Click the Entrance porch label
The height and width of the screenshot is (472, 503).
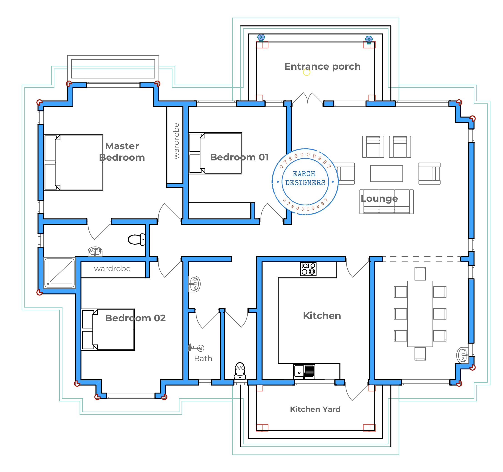[x=322, y=66]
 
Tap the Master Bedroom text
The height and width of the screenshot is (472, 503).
[x=122, y=152]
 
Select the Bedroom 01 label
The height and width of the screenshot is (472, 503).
[x=239, y=157]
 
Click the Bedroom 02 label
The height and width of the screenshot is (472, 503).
[x=135, y=318]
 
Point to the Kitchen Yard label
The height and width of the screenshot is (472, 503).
[x=315, y=409]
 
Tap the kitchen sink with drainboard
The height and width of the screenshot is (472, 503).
[x=304, y=371]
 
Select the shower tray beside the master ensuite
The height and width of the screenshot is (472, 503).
[x=60, y=273]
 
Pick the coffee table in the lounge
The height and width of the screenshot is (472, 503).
[x=386, y=174]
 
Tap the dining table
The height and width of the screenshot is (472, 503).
[x=420, y=314]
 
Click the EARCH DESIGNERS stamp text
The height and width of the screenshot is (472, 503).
[x=305, y=178]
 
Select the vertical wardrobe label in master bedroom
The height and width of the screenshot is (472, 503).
[x=176, y=141]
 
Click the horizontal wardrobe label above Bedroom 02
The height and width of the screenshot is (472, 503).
[x=112, y=269]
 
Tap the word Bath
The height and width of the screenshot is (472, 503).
[x=203, y=359]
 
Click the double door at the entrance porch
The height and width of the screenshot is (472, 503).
[x=308, y=98]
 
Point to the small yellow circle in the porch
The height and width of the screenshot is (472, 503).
[x=306, y=72]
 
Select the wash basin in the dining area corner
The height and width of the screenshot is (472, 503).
[x=463, y=355]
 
